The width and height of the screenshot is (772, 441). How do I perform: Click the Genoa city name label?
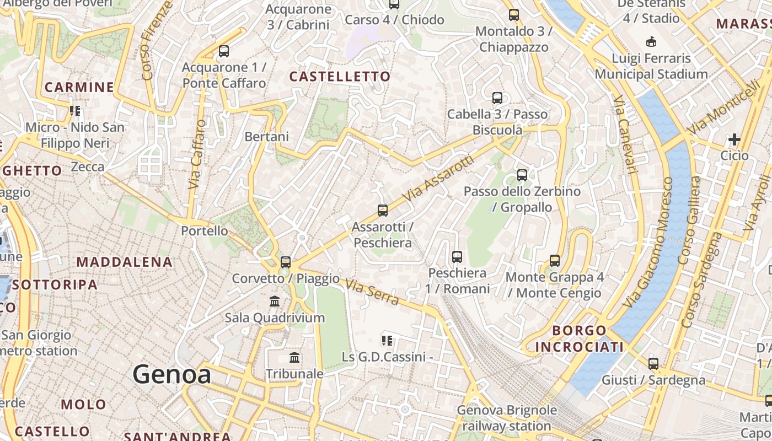tap(171, 375)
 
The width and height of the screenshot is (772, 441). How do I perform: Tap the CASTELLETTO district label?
tap(340, 77)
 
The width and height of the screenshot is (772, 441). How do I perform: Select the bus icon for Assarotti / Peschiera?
tap(383, 210)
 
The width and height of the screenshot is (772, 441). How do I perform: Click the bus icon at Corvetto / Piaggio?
tap(286, 262)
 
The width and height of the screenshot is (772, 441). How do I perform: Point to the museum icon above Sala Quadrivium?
tap(275, 302)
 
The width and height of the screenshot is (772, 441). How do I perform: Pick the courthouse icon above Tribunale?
tap(294, 358)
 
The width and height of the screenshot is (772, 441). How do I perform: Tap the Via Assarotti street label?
tap(438, 178)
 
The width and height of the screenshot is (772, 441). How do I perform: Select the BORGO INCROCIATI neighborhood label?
tap(580, 338)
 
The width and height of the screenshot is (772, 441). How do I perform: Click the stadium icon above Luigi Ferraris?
tap(651, 41)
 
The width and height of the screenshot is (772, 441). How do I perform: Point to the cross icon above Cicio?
tap(735, 139)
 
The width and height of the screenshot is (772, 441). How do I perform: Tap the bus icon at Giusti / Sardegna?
tap(653, 364)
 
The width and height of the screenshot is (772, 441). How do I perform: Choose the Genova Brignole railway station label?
tap(507, 418)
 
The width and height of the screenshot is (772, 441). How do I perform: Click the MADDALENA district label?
tap(125, 262)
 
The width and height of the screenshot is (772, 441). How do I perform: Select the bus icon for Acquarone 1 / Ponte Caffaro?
tap(224, 51)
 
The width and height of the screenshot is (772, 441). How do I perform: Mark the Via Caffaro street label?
tap(197, 154)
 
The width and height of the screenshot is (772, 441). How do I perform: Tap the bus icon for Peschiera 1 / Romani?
tap(457, 256)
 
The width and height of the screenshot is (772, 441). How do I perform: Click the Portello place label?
tap(205, 231)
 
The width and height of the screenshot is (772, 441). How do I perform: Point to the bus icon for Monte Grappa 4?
tap(555, 260)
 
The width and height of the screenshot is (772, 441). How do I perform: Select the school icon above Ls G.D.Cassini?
tap(387, 341)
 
